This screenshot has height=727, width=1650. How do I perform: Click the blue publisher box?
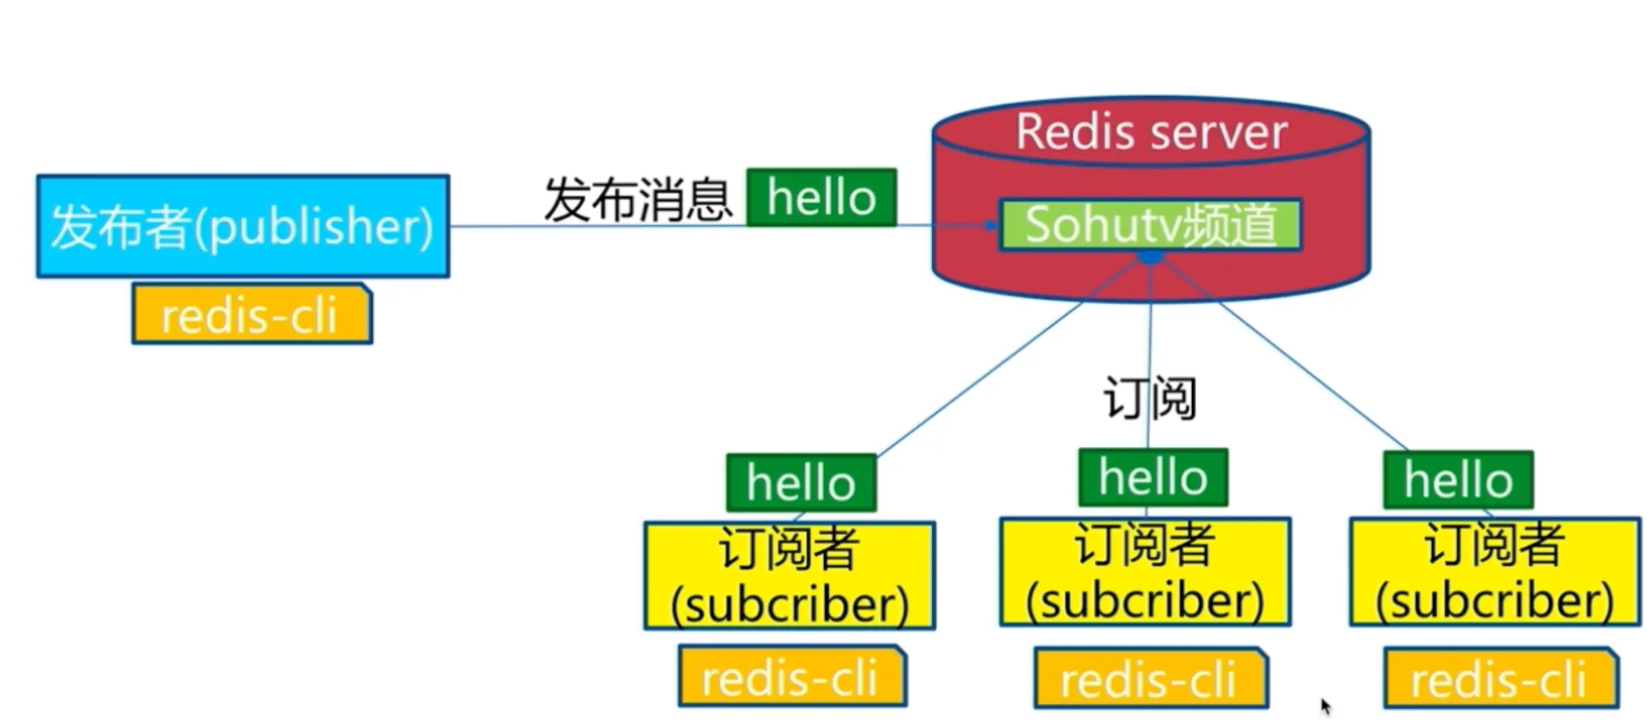coord(242,226)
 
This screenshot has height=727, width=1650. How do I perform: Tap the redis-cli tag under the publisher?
coord(251,315)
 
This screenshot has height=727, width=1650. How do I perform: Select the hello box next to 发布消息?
coord(821,197)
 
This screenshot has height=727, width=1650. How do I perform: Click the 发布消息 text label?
coord(637,199)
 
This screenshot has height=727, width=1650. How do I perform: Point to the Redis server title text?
coord(1150,132)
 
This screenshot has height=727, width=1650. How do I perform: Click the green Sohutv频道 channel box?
coord(1149,225)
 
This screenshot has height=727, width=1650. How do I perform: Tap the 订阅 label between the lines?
coord(1149,398)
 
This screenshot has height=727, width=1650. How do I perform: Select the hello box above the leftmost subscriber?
coord(801,483)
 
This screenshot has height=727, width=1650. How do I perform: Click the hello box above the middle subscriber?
coord(1152,477)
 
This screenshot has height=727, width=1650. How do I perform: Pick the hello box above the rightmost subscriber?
coord(1458,480)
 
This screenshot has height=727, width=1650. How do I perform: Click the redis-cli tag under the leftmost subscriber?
coord(791,676)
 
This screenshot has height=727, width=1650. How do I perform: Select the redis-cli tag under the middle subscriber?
coord(1149,678)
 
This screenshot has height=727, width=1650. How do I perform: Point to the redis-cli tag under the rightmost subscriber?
coord(1499,678)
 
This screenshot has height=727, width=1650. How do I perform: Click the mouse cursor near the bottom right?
coord(1325,706)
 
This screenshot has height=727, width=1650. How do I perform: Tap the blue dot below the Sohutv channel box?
coord(1150,256)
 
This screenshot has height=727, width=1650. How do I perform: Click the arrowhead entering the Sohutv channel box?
coord(991,226)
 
